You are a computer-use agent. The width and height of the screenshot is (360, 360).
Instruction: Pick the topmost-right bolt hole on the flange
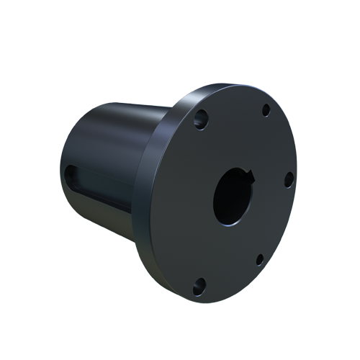tap(266, 110)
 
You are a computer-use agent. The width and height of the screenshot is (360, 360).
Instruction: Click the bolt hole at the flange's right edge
tap(287, 178)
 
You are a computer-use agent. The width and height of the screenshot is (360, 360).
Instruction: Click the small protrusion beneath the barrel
tap(134, 246)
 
